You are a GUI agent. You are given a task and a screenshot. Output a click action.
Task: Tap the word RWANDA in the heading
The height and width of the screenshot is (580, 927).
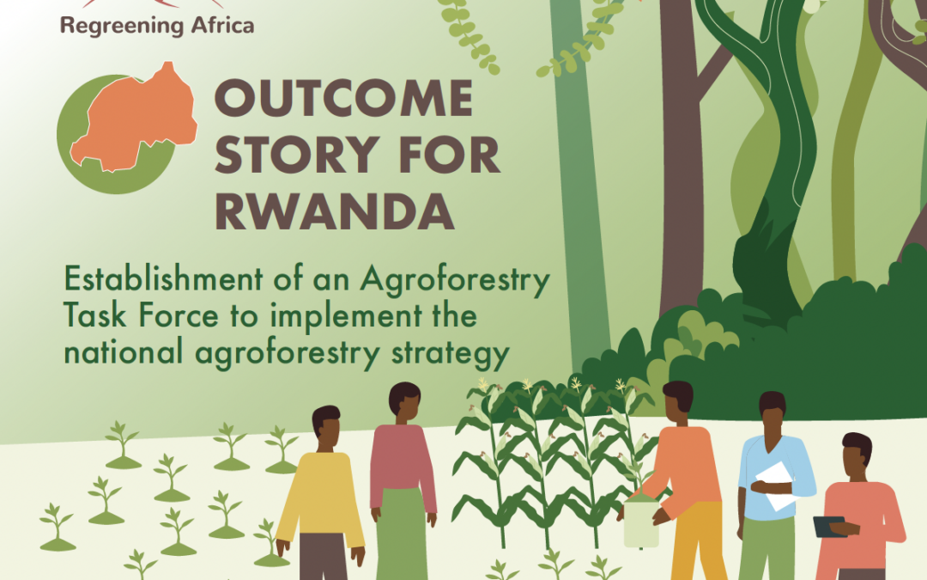[x=334, y=211]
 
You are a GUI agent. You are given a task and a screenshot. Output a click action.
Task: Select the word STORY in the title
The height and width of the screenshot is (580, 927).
[x=297, y=155]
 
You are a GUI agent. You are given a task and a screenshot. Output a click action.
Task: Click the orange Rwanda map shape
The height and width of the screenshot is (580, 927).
[x=134, y=119]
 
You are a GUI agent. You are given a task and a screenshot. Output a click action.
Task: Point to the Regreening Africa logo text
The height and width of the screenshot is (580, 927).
[x=157, y=26]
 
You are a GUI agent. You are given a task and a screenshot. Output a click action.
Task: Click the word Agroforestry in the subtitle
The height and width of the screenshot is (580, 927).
[x=455, y=280]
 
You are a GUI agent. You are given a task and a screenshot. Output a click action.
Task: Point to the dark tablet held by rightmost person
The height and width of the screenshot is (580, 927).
[x=829, y=527]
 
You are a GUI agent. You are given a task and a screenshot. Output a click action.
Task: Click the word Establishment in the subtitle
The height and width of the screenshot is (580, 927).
[x=162, y=278]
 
